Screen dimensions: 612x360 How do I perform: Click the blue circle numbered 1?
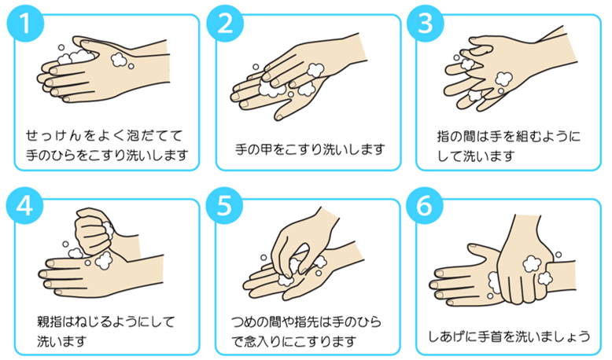pyautogui.click(x=25, y=24)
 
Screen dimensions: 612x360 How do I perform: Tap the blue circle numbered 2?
pyautogui.click(x=225, y=24)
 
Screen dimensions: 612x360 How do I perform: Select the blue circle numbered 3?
pyautogui.click(x=426, y=24)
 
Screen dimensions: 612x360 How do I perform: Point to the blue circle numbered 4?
pyautogui.click(x=24, y=206)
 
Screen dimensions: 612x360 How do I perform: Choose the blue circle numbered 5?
pyautogui.click(x=224, y=206)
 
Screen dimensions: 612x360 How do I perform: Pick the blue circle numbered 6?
pyautogui.click(x=425, y=206)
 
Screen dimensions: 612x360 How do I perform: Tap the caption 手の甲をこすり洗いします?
pyautogui.click(x=310, y=149)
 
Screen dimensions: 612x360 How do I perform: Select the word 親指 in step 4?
pyautogui.click(x=50, y=321)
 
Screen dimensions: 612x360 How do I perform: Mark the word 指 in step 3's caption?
pyautogui.click(x=444, y=137)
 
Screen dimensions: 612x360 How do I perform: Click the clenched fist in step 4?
pyautogui.click(x=94, y=230)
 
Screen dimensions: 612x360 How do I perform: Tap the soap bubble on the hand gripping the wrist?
pyautogui.click(x=532, y=263)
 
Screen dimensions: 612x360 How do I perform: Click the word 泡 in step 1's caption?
pyautogui.click(x=134, y=136)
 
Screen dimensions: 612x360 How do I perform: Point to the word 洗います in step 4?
pyautogui.click(x=61, y=342)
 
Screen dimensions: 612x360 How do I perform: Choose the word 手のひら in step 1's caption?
pyautogui.click(x=51, y=155)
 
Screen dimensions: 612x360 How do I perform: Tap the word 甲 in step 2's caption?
pyautogui.click(x=267, y=149)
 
